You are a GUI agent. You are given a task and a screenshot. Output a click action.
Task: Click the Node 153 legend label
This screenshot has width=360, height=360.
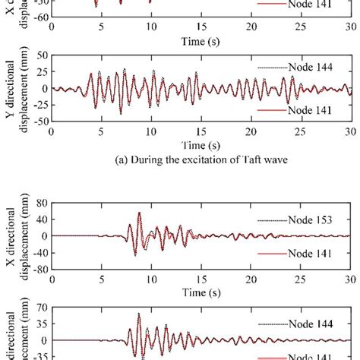click(314, 220)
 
